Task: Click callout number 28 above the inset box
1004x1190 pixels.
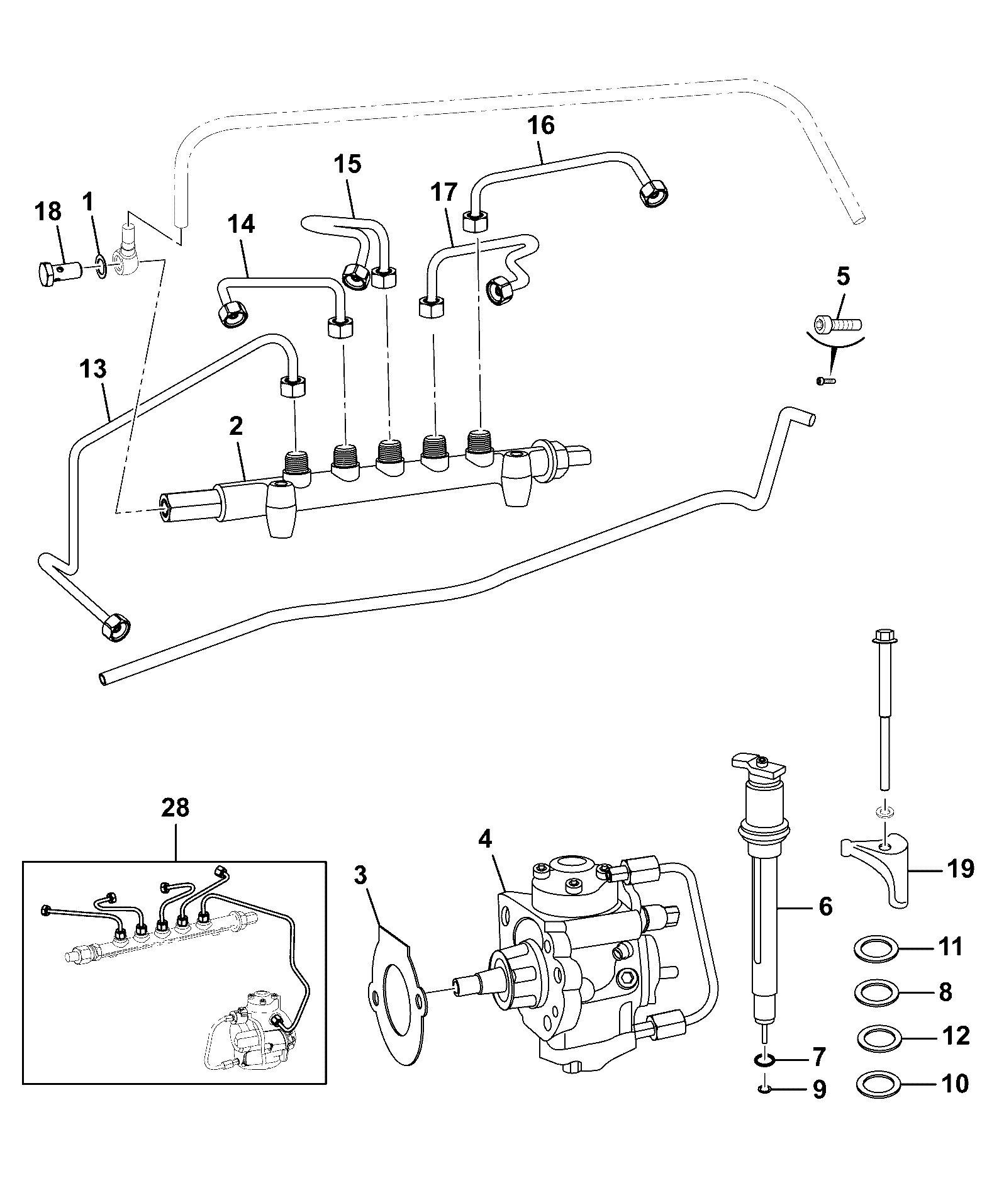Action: coord(175,808)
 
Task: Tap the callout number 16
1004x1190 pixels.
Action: coord(541,125)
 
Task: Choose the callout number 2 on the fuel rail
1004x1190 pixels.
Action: coord(236,426)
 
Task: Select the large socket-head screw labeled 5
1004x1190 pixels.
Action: coord(837,325)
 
